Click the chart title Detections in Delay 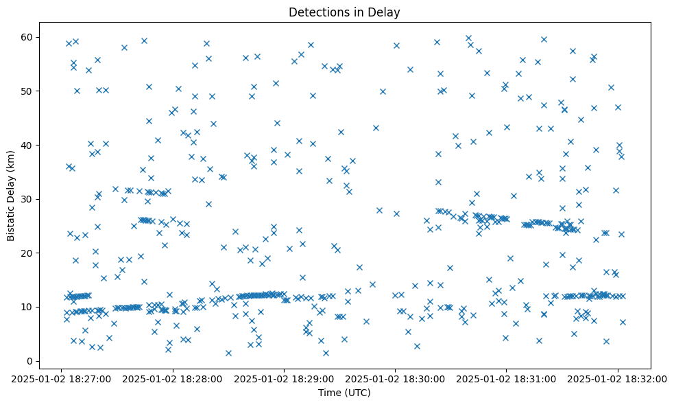click(344, 12)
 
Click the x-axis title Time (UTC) click(344, 393)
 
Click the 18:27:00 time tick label click(62, 378)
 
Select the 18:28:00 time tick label click(173, 378)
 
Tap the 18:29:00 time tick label click(284, 378)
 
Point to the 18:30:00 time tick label click(395, 378)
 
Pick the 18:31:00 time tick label click(506, 378)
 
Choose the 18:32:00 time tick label click(617, 378)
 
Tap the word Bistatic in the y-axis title click(11, 217)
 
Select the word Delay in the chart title click(386, 12)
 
